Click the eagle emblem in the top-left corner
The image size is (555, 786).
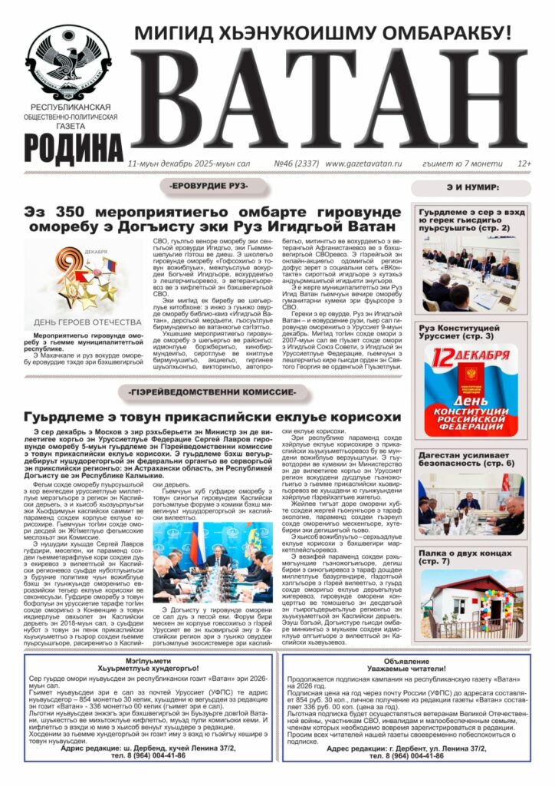pyautogui.click(x=68, y=61)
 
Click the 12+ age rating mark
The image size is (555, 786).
pyautogui.click(x=524, y=163)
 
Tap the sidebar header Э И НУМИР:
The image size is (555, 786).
pyautogui.click(x=472, y=187)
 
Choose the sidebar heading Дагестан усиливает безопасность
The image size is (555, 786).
pyautogui.click(x=465, y=458)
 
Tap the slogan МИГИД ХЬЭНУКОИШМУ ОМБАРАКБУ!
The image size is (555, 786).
pyautogui.click(x=322, y=33)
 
